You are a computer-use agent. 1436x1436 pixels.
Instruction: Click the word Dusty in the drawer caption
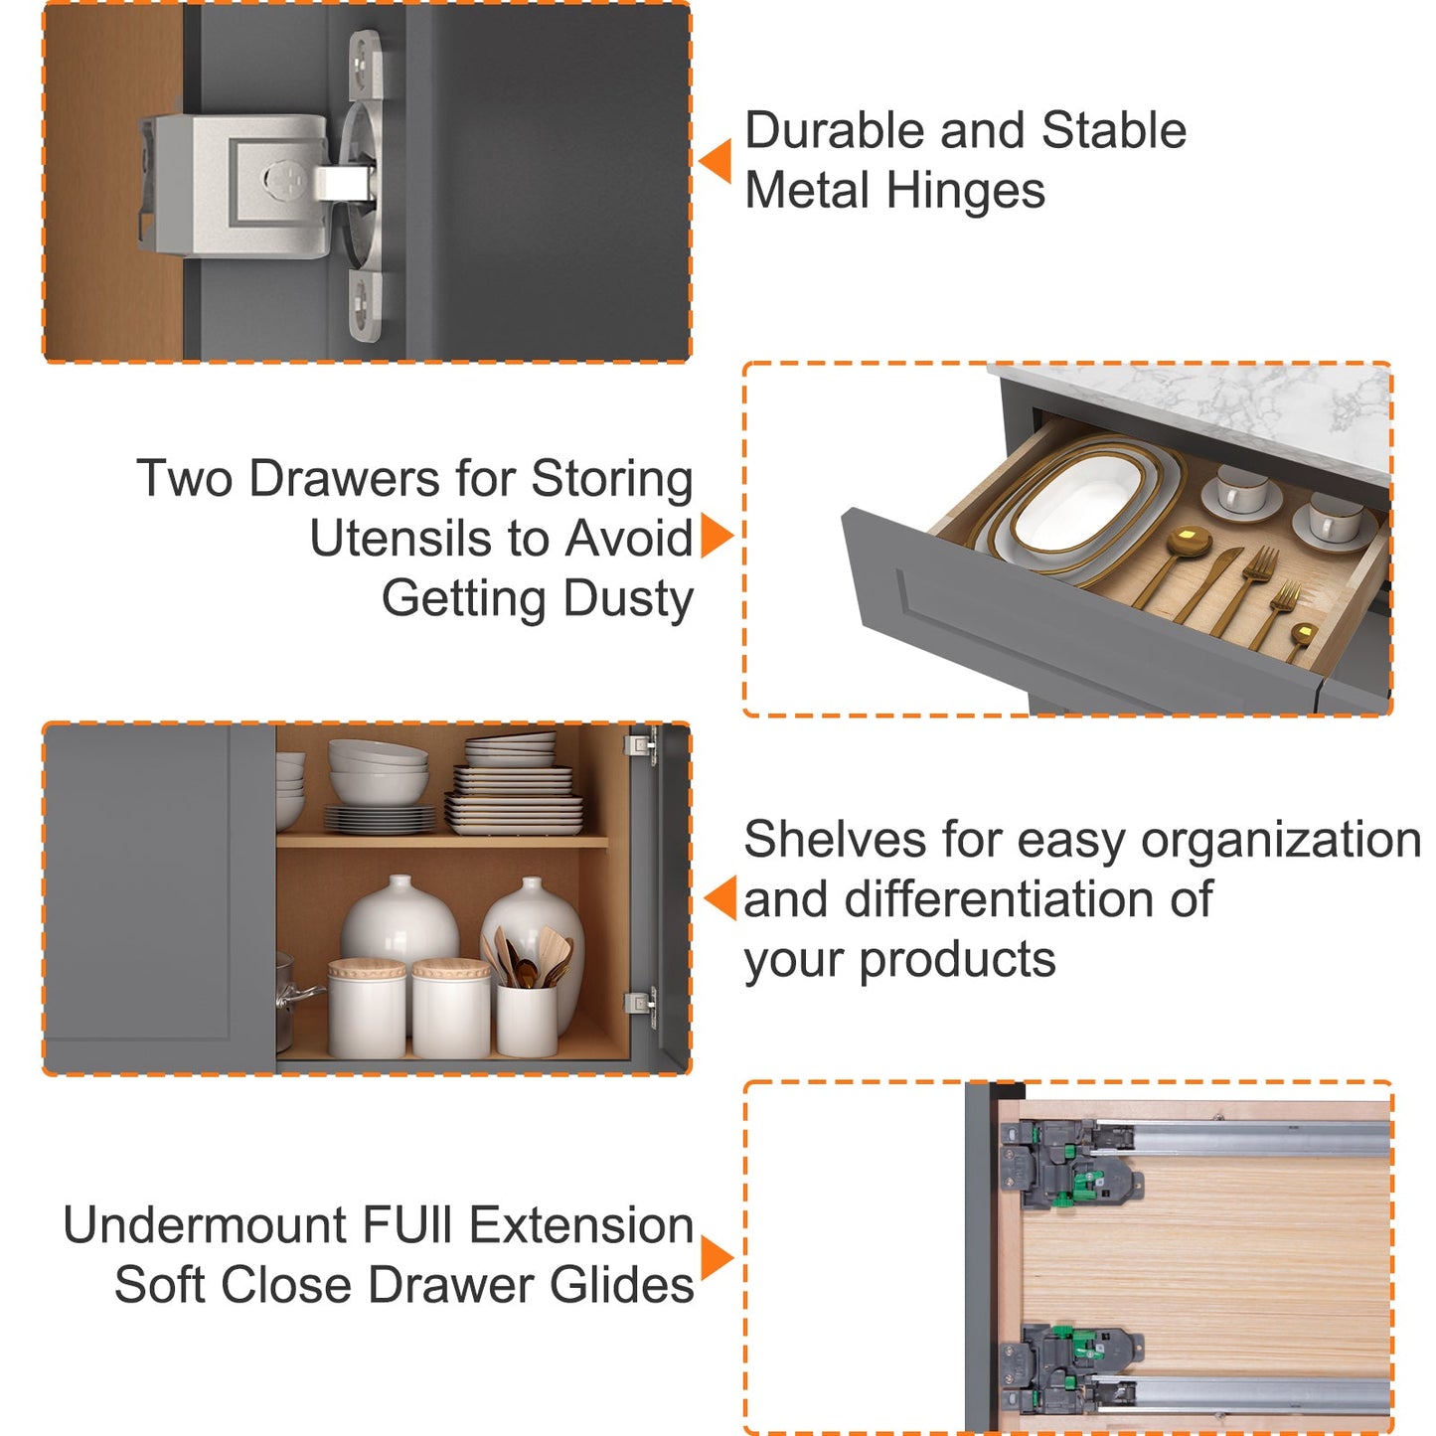tap(628, 600)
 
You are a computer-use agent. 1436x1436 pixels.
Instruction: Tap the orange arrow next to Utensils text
tap(717, 536)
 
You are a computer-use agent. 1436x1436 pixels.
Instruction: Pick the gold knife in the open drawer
tap(1208, 584)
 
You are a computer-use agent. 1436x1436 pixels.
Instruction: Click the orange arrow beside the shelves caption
tap(719, 898)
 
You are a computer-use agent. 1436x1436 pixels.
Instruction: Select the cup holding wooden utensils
tap(527, 1019)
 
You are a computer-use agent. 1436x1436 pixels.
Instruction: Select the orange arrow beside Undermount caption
tap(717, 1258)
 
